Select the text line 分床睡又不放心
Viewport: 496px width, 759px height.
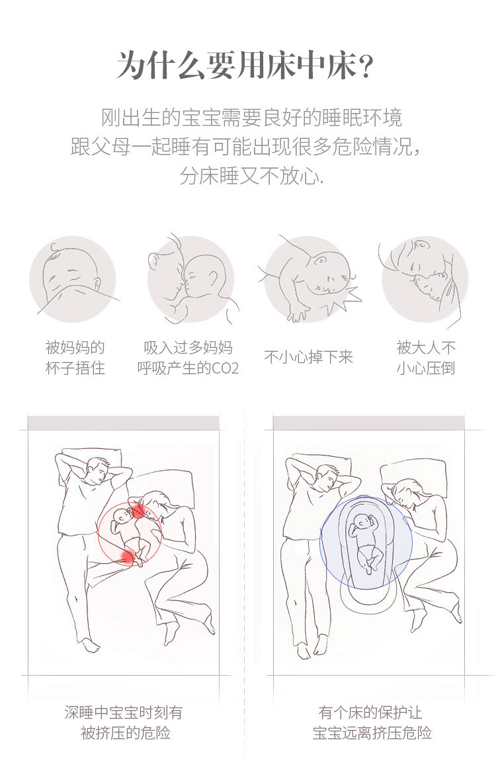tap(251, 177)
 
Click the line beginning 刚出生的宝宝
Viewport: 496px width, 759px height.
tap(251, 118)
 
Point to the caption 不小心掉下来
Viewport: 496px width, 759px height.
tap(309, 358)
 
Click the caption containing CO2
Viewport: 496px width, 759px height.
tap(188, 358)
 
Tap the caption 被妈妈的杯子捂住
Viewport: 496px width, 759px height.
tap(75, 358)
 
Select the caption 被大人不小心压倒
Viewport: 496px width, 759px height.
tap(426, 358)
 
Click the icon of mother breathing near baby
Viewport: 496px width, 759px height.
tap(189, 280)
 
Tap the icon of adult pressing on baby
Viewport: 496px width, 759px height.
tap(425, 280)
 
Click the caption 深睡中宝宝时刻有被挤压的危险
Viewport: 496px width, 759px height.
tap(124, 723)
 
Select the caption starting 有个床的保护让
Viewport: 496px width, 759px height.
tap(371, 723)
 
